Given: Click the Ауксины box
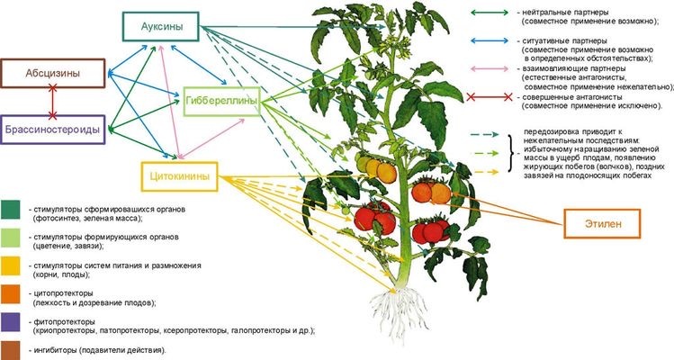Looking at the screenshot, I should point(162,28).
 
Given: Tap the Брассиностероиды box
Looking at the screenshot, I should point(53,129).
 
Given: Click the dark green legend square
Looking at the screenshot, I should point(12,211).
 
